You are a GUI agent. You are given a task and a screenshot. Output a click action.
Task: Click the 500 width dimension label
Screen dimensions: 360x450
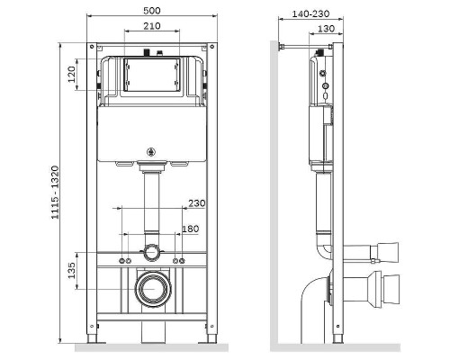coord(151,12)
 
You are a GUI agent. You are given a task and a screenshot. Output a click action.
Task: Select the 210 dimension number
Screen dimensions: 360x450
coord(152,26)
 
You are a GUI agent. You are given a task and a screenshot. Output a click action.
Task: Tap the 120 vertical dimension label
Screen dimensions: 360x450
coord(72,75)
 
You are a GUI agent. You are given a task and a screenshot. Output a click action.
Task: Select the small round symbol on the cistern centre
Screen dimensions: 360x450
coord(151,151)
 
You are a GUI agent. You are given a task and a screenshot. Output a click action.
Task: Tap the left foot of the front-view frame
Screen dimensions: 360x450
coord(94,340)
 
